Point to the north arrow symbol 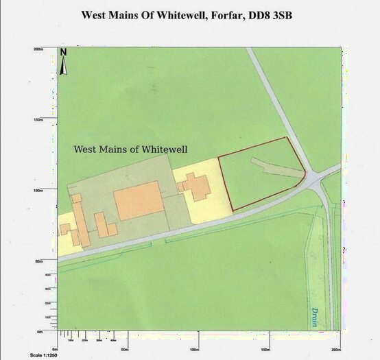(x=63, y=64)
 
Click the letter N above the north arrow (x=63, y=52)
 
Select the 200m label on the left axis (x=38, y=49)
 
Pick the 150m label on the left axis (x=38, y=119)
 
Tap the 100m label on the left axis (x=38, y=190)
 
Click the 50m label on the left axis (x=40, y=261)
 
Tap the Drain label (x=313, y=316)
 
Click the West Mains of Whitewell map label (x=130, y=149)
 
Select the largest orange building (x=137, y=201)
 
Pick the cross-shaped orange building (x=195, y=186)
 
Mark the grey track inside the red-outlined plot (x=274, y=165)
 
